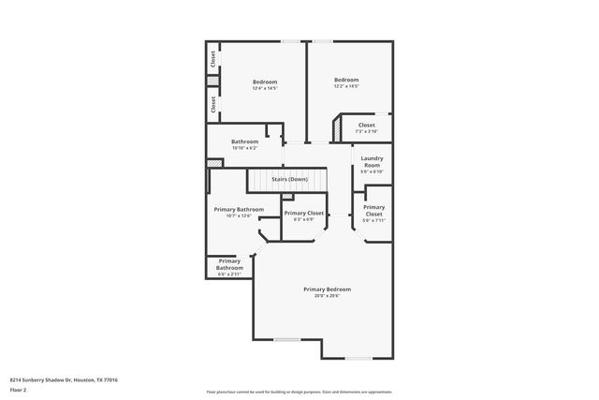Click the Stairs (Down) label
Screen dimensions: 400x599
click(x=289, y=179)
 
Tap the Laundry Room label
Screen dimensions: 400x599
click(x=372, y=162)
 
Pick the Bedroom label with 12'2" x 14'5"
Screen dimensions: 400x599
click(x=346, y=80)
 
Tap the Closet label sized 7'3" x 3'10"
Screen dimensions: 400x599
click(x=366, y=125)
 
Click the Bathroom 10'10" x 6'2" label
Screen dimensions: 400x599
click(x=244, y=141)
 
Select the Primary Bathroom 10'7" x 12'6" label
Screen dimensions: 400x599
click(x=239, y=209)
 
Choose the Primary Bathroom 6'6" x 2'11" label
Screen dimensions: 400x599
click(x=229, y=263)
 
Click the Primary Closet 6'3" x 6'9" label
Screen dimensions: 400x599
click(x=303, y=213)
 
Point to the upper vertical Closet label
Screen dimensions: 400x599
click(x=213, y=59)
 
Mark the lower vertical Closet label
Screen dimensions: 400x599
click(x=213, y=106)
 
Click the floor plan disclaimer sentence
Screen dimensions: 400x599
click(x=299, y=391)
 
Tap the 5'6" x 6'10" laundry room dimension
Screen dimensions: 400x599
click(x=372, y=172)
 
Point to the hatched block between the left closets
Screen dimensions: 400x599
click(x=212, y=82)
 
